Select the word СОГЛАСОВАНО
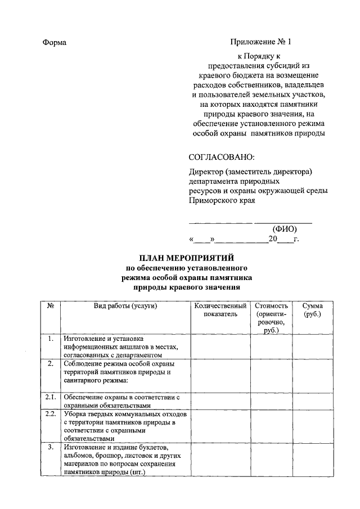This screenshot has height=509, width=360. click(221, 156)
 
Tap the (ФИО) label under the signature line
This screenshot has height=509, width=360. click(284, 229)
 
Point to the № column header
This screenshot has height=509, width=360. click(50, 306)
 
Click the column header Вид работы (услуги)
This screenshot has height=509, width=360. click(125, 306)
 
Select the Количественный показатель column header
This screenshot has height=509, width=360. click(220, 310)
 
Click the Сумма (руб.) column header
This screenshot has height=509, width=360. click(312, 310)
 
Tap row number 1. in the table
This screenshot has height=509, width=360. click(50, 339)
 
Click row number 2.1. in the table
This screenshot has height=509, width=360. click(50, 397)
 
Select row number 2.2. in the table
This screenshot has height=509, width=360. click(50, 415)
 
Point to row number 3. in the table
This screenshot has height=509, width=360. click(50, 447)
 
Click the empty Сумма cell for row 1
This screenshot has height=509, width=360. click(312, 346)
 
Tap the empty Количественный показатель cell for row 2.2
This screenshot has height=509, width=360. click(220, 426)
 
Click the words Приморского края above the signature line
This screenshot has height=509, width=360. click(221, 200)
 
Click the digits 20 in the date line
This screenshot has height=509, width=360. click(273, 239)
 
